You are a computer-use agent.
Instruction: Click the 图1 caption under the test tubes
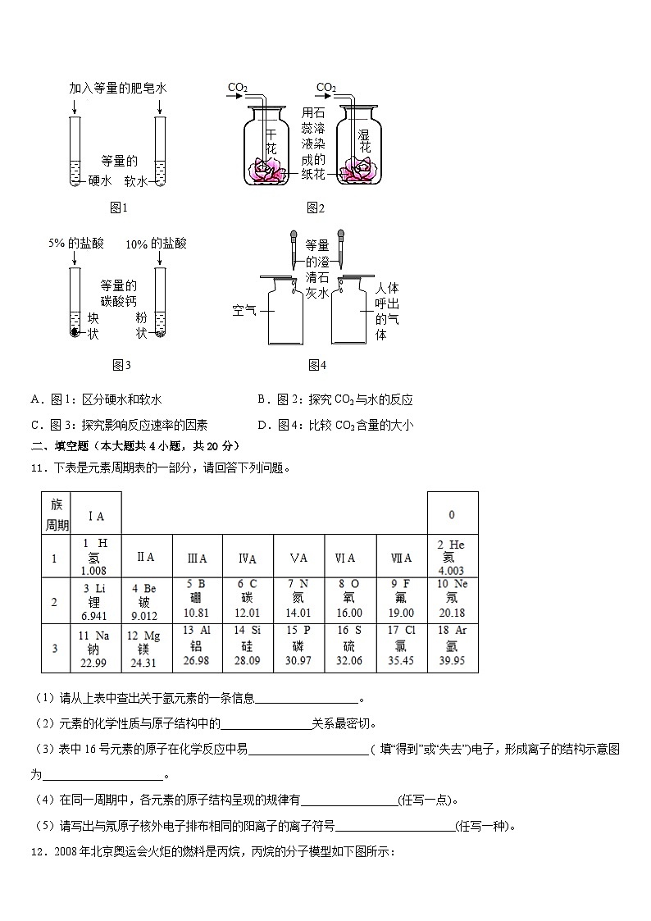tap(120, 208)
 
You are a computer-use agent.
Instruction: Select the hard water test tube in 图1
tap(75, 152)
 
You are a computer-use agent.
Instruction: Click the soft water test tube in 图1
tap(161, 152)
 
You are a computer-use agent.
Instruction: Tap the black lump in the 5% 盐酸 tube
tap(75, 333)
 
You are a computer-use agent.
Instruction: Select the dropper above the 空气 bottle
tap(293, 246)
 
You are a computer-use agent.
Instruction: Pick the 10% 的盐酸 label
tap(156, 244)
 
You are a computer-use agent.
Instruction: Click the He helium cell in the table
tap(452, 558)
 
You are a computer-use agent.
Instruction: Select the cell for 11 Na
tap(96, 648)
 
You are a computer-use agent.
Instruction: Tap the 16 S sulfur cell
tap(350, 648)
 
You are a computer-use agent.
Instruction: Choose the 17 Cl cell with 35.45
tap(402, 648)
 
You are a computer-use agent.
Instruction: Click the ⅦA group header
tap(402, 559)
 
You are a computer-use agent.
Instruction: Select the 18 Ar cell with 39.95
tap(452, 648)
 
